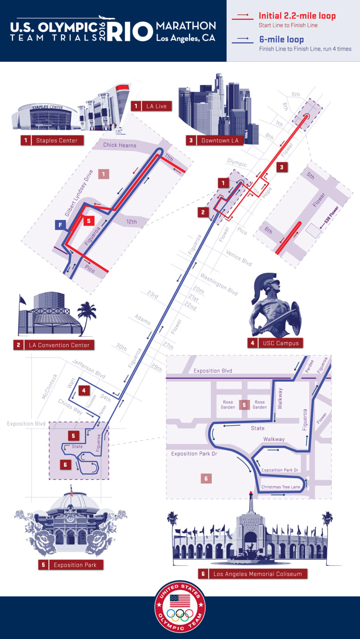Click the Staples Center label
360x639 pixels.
tap(57, 140)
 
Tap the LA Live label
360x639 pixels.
tap(156, 106)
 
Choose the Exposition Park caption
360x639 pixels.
tap(75, 565)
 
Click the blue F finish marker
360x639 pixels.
tap(60, 226)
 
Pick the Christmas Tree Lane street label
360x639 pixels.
tap(281, 487)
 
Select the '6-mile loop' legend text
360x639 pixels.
tap(281, 39)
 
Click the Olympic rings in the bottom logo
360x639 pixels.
tap(180, 613)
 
